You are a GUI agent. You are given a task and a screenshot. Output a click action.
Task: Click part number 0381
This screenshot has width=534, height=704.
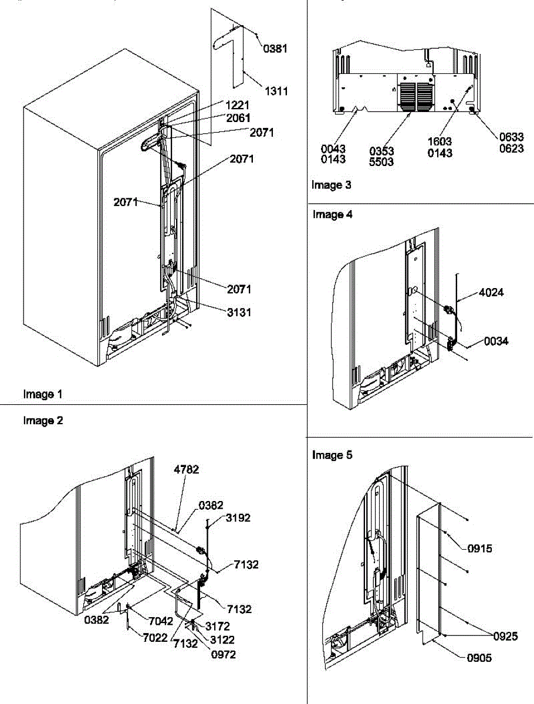point(275,49)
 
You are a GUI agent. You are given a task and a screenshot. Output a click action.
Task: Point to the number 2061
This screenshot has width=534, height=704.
point(238,118)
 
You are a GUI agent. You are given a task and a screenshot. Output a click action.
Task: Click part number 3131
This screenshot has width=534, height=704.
point(239,313)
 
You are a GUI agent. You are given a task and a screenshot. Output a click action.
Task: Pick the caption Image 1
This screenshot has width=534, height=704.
point(42,394)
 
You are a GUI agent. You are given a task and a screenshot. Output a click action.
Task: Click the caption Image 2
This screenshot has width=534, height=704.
point(42,421)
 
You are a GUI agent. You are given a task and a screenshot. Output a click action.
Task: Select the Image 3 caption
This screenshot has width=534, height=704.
point(332,185)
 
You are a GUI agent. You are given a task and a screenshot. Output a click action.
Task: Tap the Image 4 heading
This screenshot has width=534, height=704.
point(332,215)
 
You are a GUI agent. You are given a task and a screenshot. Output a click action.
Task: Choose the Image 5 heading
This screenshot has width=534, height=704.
point(332,455)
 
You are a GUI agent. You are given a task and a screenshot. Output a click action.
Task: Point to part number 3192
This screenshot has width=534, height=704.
point(238,517)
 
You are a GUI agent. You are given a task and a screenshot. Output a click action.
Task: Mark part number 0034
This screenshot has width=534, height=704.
point(496,341)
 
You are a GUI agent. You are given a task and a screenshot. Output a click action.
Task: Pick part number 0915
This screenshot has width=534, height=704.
point(479,549)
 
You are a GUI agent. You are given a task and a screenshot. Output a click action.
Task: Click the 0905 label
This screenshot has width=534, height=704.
point(479,658)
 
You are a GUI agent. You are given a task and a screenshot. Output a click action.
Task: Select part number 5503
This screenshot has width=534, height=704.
point(382,162)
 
